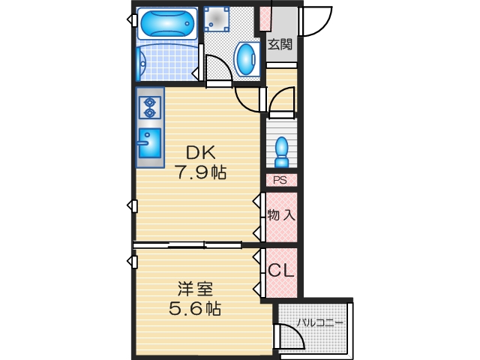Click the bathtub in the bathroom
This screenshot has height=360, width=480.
(166, 24)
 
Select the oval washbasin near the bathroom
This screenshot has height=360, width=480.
(245, 58)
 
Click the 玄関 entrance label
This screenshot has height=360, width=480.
(280, 44)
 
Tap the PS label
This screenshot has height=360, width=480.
(280, 180)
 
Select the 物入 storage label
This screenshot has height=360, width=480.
(281, 215)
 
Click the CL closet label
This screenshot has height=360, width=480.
(280, 271)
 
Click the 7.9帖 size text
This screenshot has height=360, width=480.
(202, 172)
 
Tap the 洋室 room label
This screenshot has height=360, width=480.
(195, 289)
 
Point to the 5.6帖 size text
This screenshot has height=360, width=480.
(194, 307)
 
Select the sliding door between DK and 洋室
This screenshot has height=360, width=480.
(187, 244)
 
